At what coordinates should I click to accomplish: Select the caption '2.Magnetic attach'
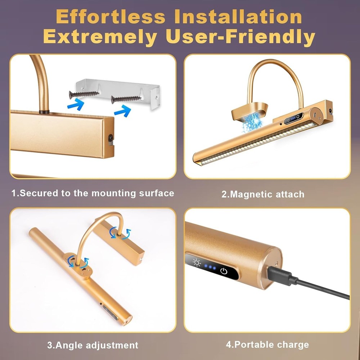coord(263,194)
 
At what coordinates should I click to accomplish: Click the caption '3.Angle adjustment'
coord(93,345)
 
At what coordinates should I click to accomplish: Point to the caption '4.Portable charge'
coord(267,345)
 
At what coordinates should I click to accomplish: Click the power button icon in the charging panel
coord(224,271)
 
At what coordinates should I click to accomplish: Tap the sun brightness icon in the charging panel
coord(197,263)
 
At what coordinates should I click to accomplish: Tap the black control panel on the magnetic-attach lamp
coord(293,118)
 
